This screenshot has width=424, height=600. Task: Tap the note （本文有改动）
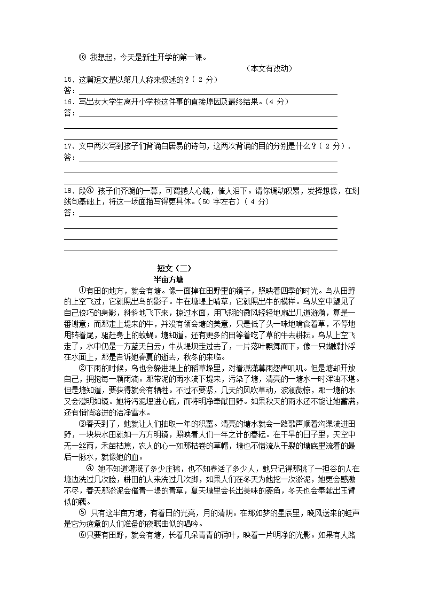point(269,68)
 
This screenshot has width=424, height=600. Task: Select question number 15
point(68,80)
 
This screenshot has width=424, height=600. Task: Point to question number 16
point(68,102)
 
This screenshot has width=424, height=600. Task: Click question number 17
point(68,146)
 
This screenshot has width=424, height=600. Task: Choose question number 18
point(68,191)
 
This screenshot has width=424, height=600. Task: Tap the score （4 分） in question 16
point(274,102)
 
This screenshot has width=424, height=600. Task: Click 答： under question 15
point(69,90)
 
